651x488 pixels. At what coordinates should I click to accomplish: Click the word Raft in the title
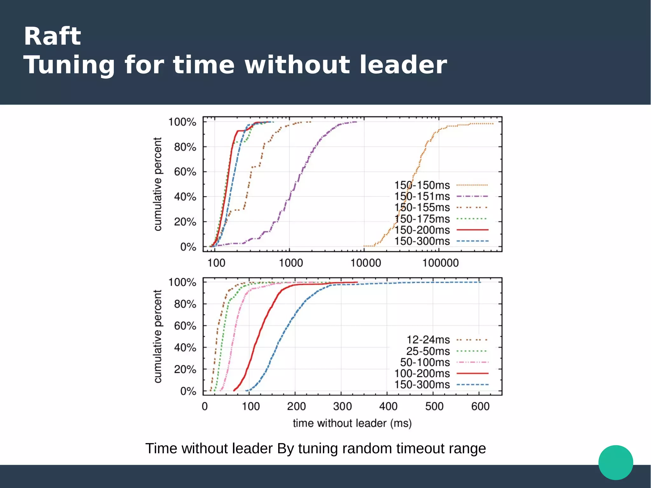coord(52,36)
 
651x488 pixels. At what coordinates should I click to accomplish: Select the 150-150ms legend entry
coord(422,185)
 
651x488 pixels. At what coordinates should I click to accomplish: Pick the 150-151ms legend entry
coord(422,196)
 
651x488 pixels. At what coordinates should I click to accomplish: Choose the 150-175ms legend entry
coord(422,219)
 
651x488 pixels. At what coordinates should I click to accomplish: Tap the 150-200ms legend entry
coord(422,230)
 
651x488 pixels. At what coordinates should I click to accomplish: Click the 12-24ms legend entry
coord(428,340)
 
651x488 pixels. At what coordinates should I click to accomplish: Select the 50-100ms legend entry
coord(425,362)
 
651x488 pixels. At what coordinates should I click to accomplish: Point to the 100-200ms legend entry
coord(422,374)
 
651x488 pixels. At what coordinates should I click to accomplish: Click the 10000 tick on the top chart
coord(366,263)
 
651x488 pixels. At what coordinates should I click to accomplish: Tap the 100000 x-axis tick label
coord(440,263)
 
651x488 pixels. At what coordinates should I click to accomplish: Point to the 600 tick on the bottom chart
coord(480,406)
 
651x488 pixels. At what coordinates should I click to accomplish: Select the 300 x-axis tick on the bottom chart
coord(342,406)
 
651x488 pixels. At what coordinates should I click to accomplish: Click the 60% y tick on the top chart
coord(185,172)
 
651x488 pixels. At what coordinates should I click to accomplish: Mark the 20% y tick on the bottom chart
coord(185,369)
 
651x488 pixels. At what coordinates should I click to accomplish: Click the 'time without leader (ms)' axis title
coord(352,423)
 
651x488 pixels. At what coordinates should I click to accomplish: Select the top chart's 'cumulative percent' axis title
coord(158,184)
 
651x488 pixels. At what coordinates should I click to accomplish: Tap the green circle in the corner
coord(616,462)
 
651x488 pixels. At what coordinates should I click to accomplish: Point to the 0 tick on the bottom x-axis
coord(205,406)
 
